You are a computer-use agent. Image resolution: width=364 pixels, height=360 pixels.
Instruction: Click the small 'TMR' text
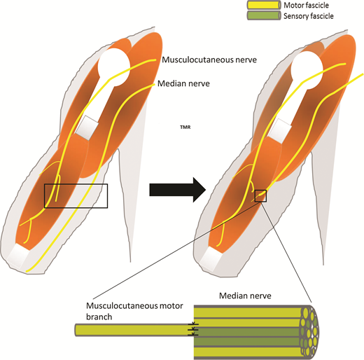(x=185, y=128)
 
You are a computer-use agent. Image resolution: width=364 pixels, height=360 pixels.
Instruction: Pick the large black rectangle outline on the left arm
(x=76, y=195)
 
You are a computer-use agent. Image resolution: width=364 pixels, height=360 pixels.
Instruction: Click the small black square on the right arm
(x=260, y=195)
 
